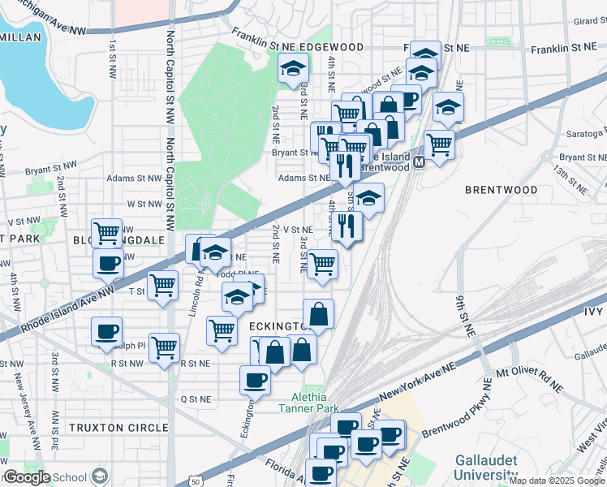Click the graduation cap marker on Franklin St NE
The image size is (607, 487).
(293, 70)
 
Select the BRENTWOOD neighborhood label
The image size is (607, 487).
(501, 189)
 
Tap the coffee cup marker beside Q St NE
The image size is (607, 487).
(256, 380)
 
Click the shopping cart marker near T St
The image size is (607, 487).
(163, 287)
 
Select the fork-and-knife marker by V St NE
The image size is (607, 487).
(347, 226)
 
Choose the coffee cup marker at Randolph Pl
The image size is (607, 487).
(106, 331)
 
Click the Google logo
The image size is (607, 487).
(27, 477)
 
